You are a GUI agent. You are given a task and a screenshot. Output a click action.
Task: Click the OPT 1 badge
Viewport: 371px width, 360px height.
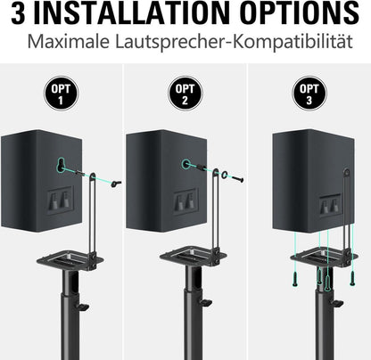[61, 94]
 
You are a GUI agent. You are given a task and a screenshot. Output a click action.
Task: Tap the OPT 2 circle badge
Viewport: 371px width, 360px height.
[185, 94]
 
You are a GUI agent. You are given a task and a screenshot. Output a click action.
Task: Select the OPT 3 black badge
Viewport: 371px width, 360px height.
[309, 94]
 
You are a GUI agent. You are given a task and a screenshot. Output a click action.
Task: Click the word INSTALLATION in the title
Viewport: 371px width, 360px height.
[131, 13]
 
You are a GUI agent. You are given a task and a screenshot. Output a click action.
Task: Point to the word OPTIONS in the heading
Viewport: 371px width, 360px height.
[300, 13]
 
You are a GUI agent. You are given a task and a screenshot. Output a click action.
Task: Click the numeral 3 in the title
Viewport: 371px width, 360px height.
[19, 13]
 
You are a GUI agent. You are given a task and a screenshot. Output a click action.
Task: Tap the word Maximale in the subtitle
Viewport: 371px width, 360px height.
[69, 42]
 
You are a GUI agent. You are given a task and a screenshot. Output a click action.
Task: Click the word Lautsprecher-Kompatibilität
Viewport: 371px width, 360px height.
[234, 42]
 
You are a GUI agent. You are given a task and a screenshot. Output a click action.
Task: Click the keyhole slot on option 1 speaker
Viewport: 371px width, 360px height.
[61, 164]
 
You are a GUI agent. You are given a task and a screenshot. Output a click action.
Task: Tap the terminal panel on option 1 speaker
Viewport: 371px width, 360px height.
[60, 200]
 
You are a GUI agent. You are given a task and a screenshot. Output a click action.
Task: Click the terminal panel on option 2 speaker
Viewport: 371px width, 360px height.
[185, 201]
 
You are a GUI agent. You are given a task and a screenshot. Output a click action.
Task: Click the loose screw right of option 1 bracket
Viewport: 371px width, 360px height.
[115, 184]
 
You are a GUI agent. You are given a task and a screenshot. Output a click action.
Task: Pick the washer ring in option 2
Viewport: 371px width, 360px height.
[225, 175]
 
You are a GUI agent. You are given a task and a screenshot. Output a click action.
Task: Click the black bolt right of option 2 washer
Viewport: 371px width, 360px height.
[238, 179]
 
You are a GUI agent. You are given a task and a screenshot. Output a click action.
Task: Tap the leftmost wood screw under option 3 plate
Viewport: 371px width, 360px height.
[295, 278]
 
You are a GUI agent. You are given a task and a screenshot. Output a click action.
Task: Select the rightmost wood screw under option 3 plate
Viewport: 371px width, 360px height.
[352, 278]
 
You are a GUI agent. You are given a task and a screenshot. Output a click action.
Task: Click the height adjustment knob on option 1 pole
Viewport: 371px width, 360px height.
[83, 306]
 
